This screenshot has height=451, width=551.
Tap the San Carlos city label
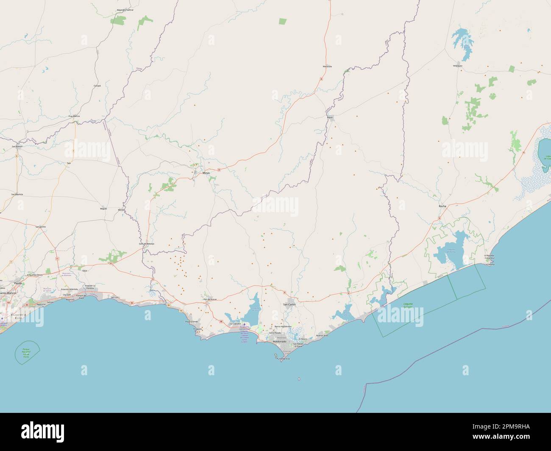pyautogui.click(x=289, y=304)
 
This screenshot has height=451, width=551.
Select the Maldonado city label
pyautogui.click(x=279, y=341)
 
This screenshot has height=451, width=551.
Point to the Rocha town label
pyautogui.click(x=442, y=206)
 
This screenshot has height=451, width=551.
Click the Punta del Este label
pyautogui.click(x=283, y=359)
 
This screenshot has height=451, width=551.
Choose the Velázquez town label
pyautogui.click(x=458, y=66)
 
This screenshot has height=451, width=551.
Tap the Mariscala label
pyautogui.click(x=327, y=66)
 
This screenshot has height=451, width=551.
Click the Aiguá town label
pyautogui.click(x=330, y=116)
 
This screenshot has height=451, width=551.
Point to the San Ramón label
pyautogui.click(x=17, y=147)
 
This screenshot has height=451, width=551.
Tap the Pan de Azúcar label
pyautogui.click(x=210, y=299)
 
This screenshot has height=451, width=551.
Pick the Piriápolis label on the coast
pyautogui.click(x=197, y=329)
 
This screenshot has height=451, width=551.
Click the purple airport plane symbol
pyautogui.click(x=245, y=325)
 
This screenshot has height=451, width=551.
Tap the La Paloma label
pyautogui.click(x=490, y=264)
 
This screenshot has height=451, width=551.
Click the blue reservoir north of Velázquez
pyautogui.click(x=463, y=42)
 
